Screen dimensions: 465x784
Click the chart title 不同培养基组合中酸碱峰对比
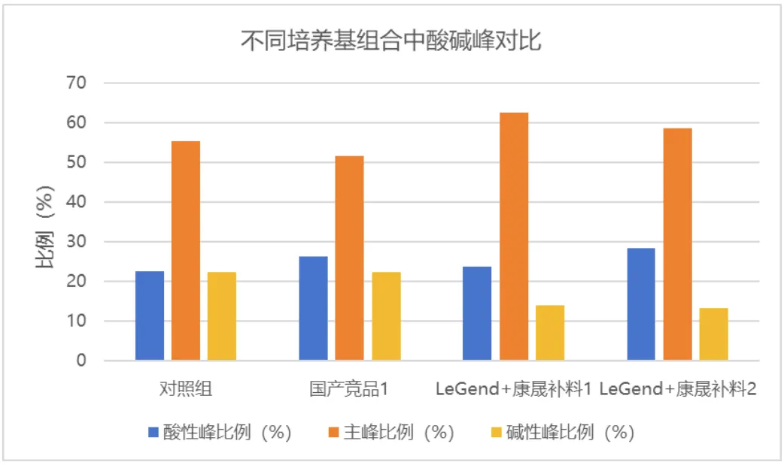pyautogui.click(x=391, y=40)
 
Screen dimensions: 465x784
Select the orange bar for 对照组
pyautogui.click(x=186, y=251)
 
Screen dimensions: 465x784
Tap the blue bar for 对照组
pyautogui.click(x=150, y=316)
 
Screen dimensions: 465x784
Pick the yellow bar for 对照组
pyautogui.click(x=222, y=316)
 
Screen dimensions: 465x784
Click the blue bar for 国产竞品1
pyautogui.click(x=313, y=309)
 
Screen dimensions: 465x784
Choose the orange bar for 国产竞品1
pyautogui.click(x=349, y=258)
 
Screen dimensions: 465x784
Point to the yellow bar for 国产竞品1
pyautogui.click(x=386, y=316)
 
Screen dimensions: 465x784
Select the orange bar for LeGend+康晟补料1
pyautogui.click(x=514, y=237)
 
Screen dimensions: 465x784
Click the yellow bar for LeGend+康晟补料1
pyautogui.click(x=550, y=333)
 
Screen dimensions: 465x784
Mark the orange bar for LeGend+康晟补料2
pyautogui.click(x=677, y=245)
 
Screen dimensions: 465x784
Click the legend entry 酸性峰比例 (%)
pyautogui.click(x=219, y=433)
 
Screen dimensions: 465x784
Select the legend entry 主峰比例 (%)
pyautogui.click(x=391, y=433)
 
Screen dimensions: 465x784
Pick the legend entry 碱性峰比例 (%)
pyautogui.click(x=561, y=433)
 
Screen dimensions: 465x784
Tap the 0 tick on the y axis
pyautogui.click(x=83, y=361)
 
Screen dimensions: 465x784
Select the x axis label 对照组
pyautogui.click(x=186, y=389)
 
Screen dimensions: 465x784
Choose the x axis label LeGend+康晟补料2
pyautogui.click(x=678, y=389)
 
